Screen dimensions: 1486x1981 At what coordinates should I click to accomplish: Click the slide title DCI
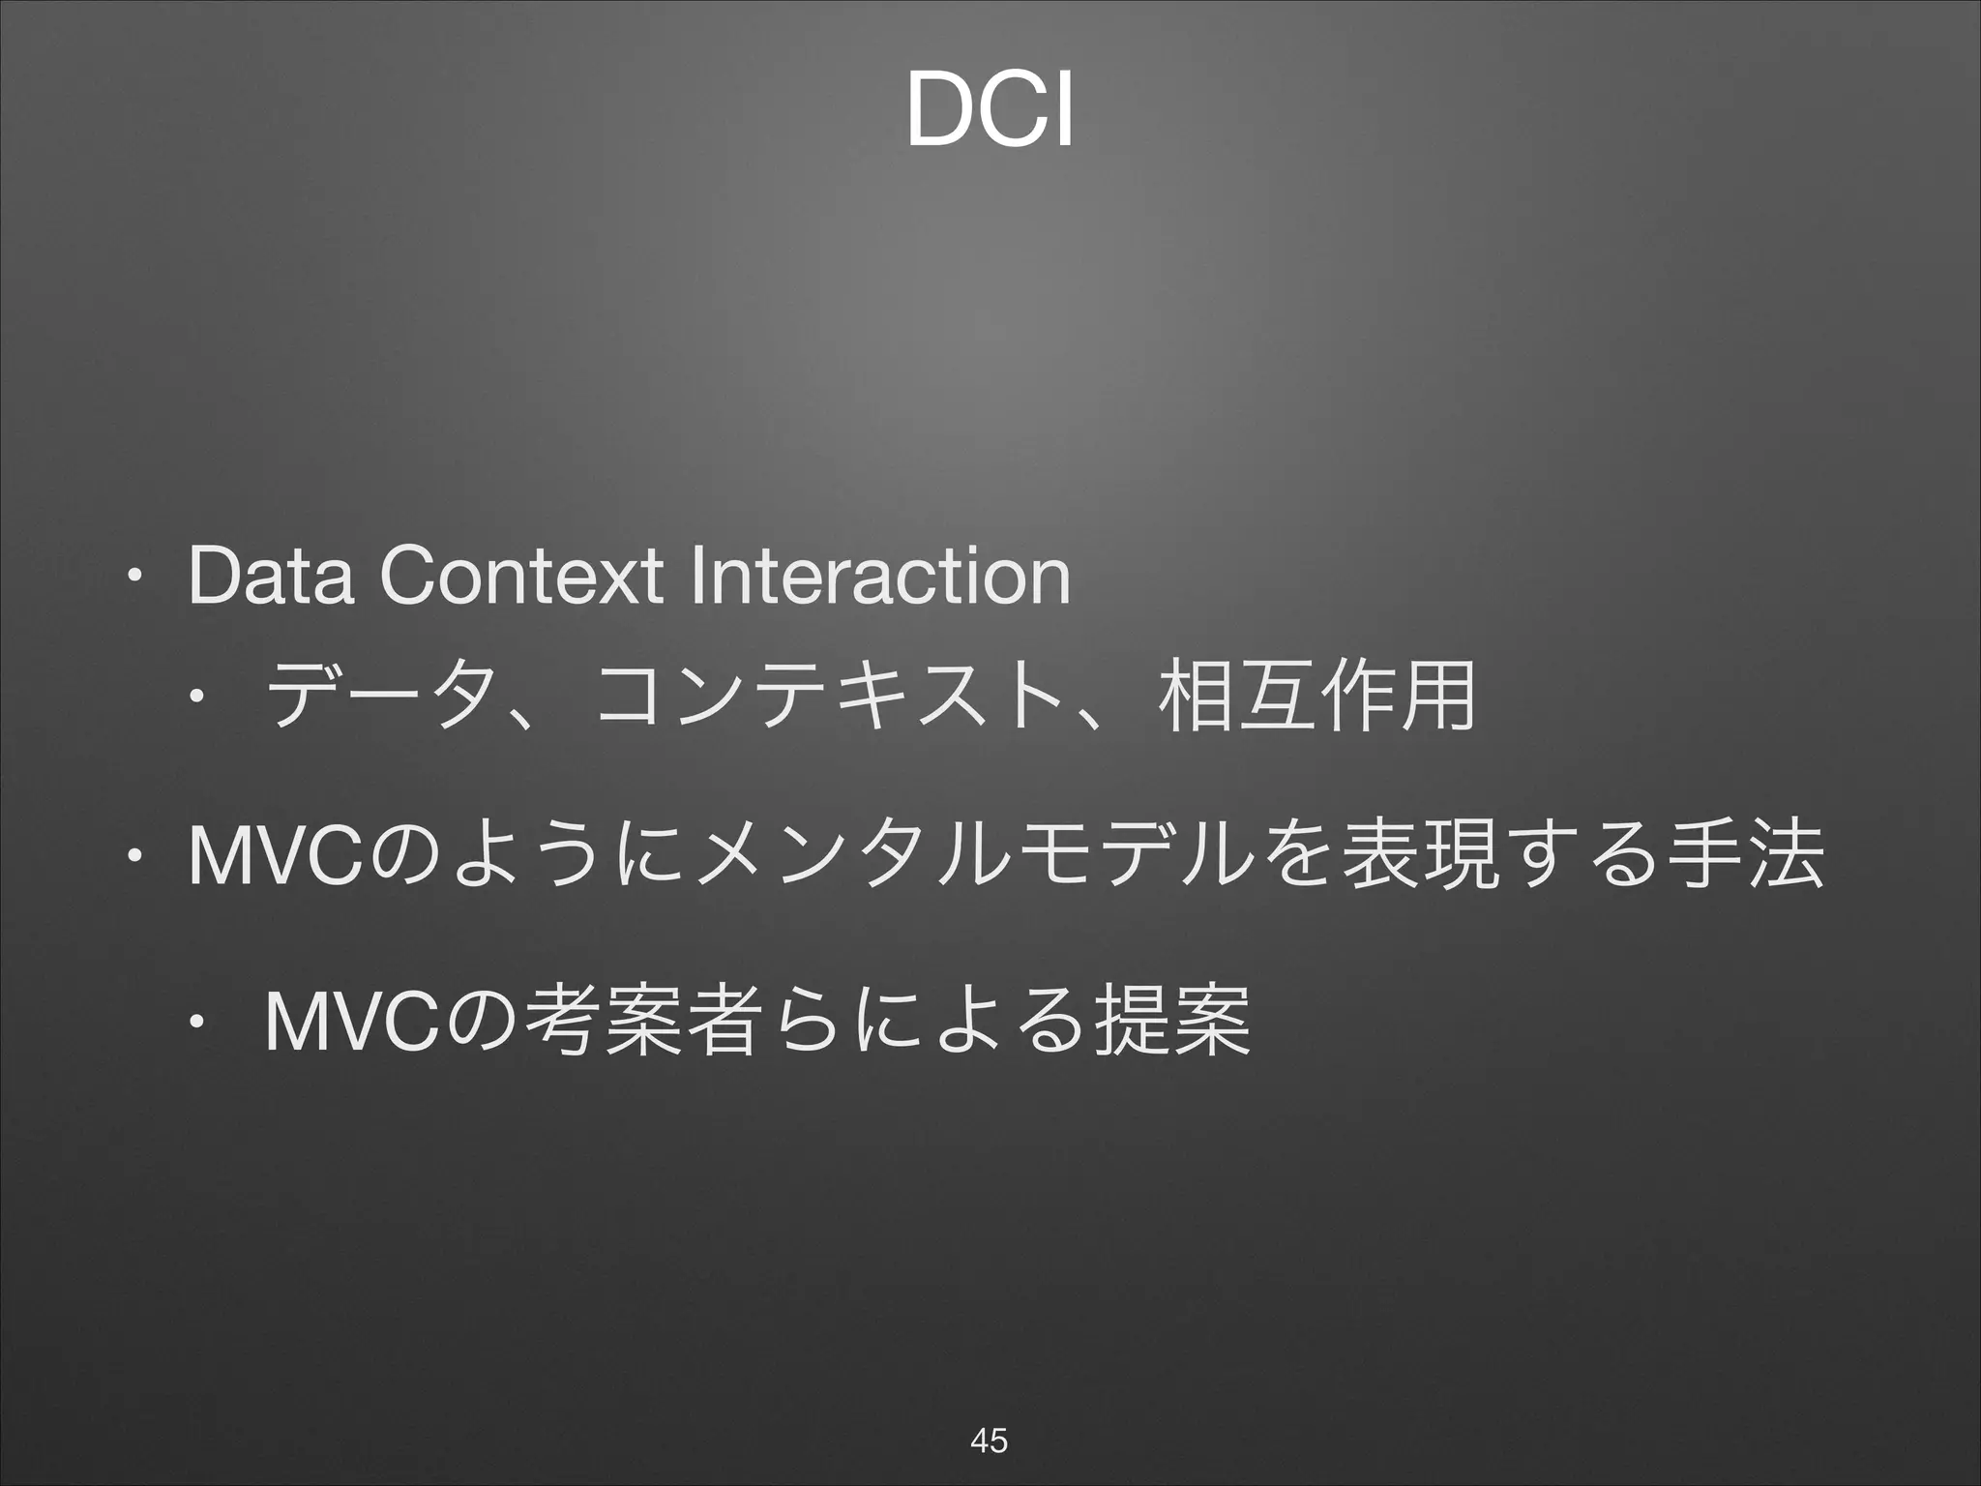pyautogui.click(x=990, y=115)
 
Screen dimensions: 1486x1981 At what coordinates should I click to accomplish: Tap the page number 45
pyautogui.click(x=989, y=1440)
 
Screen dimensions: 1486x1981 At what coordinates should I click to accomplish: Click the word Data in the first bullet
pyautogui.click(x=271, y=577)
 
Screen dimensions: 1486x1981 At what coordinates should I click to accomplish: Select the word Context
pyautogui.click(x=517, y=577)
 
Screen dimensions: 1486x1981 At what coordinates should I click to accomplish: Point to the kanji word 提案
pyautogui.click(x=1170, y=1018)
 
